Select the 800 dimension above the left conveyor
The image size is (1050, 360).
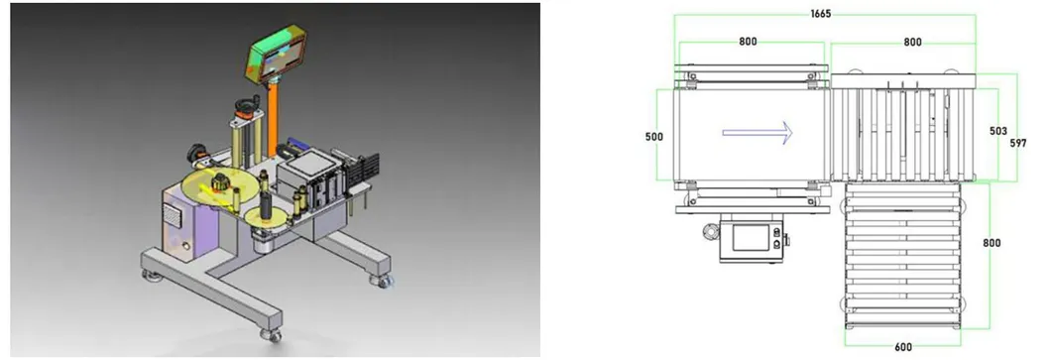(750, 42)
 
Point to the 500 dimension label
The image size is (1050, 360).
(653, 136)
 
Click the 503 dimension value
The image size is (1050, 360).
(1000, 131)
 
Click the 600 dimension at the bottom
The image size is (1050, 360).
(903, 346)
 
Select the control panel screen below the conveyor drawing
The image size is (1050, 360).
(749, 239)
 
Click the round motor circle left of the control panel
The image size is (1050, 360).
(710, 233)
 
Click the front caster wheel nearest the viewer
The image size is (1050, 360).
(270, 334)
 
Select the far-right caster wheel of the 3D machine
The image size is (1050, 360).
(381, 281)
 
